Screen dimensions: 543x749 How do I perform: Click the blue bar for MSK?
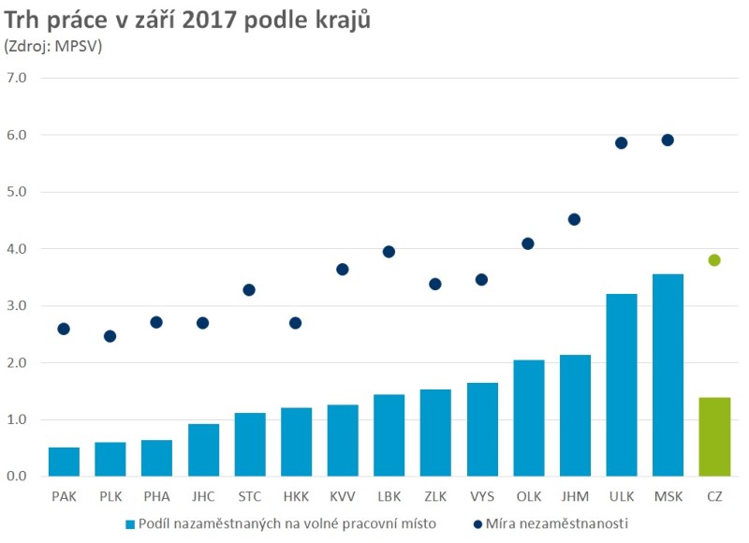[668, 375]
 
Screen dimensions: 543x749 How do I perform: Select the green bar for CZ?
[714, 437]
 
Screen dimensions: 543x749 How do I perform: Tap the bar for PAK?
[64, 462]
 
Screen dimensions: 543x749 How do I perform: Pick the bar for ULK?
[621, 385]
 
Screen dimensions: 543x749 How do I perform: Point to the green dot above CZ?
[714, 260]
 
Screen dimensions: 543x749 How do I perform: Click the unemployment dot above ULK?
[621, 143]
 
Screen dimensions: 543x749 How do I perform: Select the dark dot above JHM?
[574, 219]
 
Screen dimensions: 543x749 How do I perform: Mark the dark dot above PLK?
[110, 336]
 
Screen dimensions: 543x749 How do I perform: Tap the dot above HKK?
[296, 323]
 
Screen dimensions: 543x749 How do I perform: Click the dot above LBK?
[389, 252]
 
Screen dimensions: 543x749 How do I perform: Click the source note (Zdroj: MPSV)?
[53, 44]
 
